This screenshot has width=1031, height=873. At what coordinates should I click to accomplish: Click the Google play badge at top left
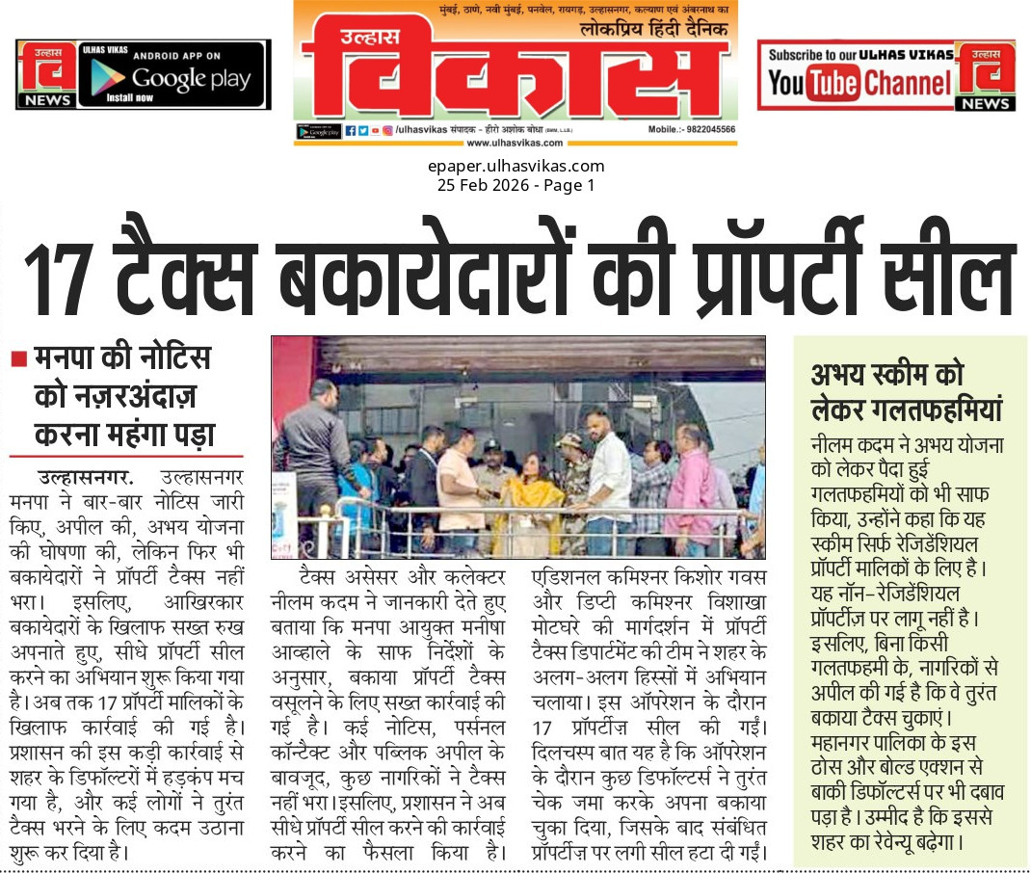coord(173,77)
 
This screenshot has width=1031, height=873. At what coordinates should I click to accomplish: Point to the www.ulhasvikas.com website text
coord(515,144)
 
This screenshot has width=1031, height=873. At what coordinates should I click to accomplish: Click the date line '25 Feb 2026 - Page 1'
coord(515,185)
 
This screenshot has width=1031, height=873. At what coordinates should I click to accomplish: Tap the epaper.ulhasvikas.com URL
coord(515,166)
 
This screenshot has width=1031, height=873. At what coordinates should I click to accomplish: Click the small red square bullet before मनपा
coord(17,358)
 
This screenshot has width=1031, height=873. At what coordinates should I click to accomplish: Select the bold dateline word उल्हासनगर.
coord(86,477)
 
